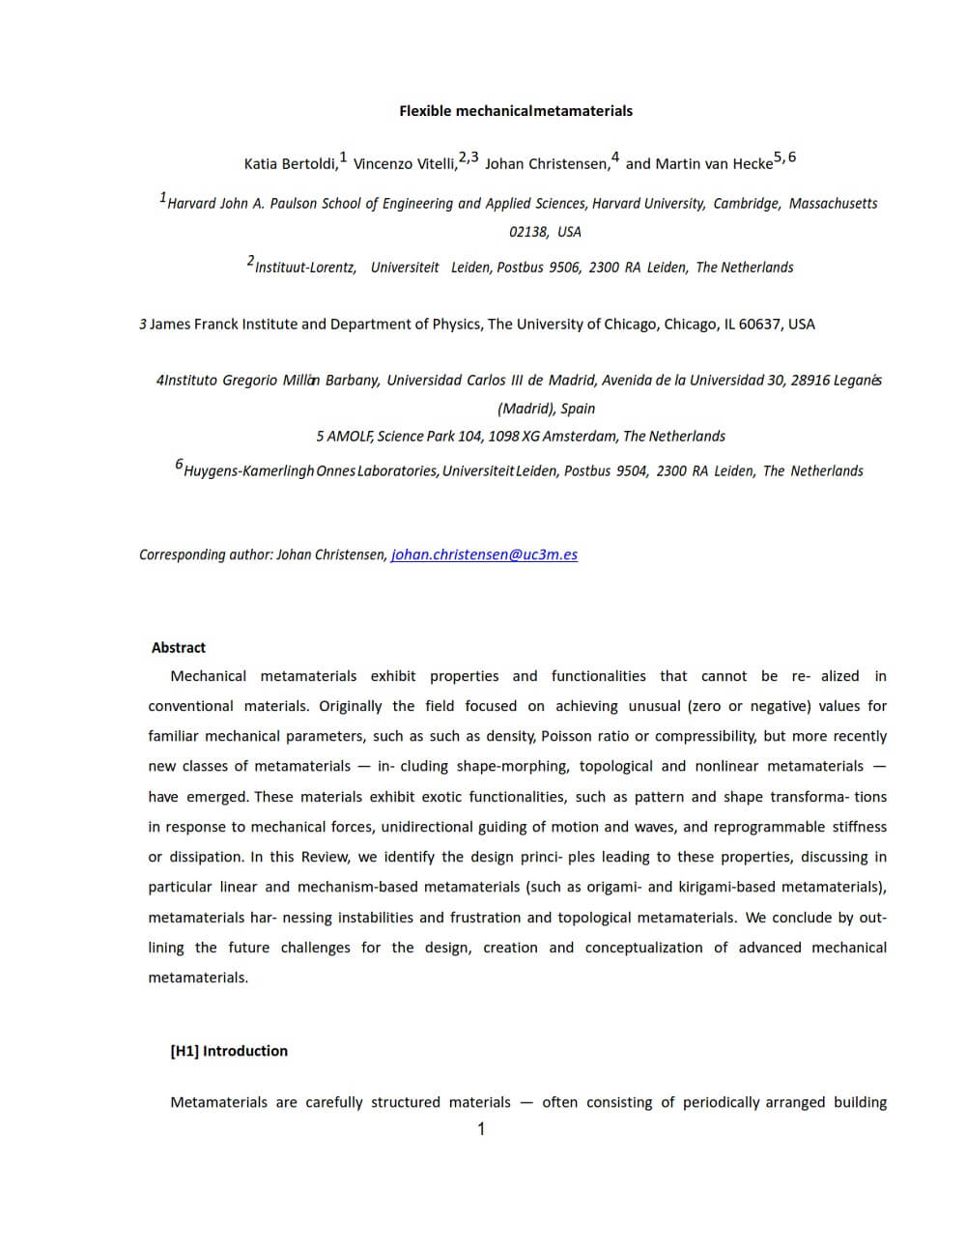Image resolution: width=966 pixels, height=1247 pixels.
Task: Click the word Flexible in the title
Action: (x=425, y=111)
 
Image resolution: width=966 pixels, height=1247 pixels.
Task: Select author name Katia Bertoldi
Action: (x=291, y=164)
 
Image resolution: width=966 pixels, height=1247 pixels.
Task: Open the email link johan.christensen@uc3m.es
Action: (x=484, y=554)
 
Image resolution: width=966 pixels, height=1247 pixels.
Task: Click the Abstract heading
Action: (x=179, y=648)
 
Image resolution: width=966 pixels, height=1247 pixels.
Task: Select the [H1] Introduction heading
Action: (x=229, y=1051)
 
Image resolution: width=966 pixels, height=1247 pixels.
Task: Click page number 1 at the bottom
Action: (x=481, y=1129)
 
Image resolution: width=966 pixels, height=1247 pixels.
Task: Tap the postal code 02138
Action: (x=528, y=232)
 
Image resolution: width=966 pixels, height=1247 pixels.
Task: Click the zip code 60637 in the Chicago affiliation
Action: (x=759, y=325)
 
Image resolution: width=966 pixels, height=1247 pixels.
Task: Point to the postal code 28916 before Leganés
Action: (x=810, y=381)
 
